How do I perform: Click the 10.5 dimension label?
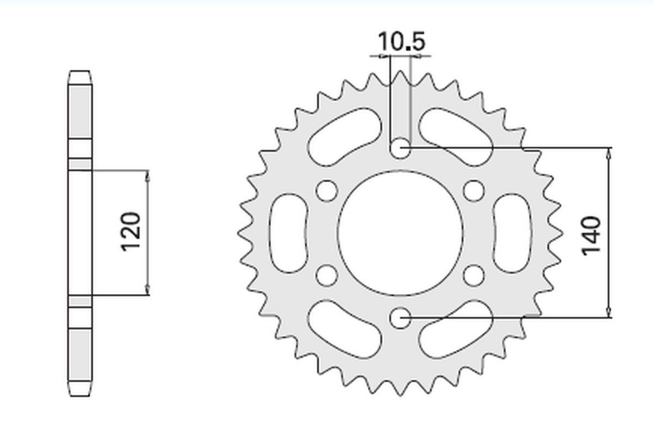click(x=402, y=41)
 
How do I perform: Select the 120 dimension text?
click(x=130, y=231)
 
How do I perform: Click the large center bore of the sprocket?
click(x=400, y=233)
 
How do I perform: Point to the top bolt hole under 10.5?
click(x=400, y=148)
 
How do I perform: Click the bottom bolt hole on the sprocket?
click(x=400, y=317)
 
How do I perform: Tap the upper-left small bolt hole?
click(x=326, y=191)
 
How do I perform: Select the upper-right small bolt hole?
click(x=474, y=191)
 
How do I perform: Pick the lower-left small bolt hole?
click(x=326, y=276)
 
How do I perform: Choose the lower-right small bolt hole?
click(x=474, y=276)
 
